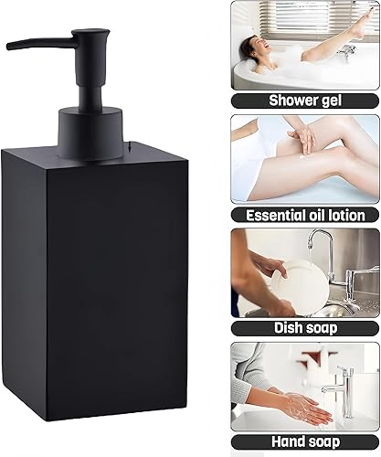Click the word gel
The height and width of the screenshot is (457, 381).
point(333,101)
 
